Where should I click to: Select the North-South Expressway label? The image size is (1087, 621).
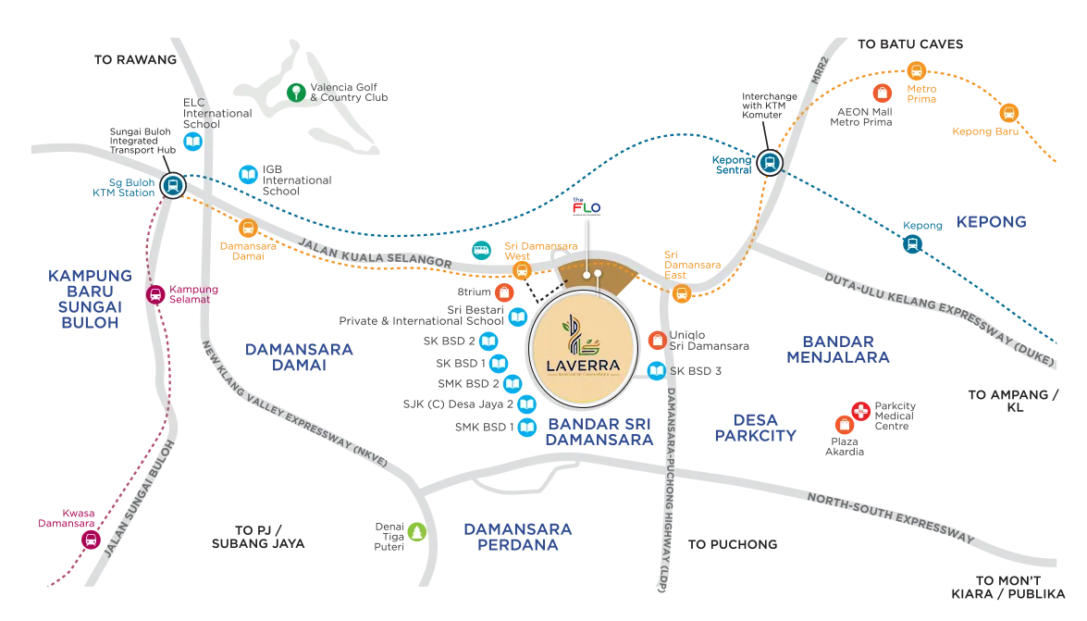click(893, 518)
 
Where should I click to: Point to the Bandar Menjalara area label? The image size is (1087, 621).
click(837, 348)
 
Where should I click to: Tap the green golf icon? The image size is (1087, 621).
click(295, 91)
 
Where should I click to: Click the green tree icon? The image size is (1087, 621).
click(416, 531)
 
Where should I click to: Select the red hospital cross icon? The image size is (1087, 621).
click(860, 410)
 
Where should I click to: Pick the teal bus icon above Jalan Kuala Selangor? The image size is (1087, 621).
click(481, 249)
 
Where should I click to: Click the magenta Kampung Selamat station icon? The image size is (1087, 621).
click(155, 295)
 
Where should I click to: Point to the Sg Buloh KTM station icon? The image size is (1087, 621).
click(171, 185)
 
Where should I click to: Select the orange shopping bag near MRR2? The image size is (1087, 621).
click(883, 93)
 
